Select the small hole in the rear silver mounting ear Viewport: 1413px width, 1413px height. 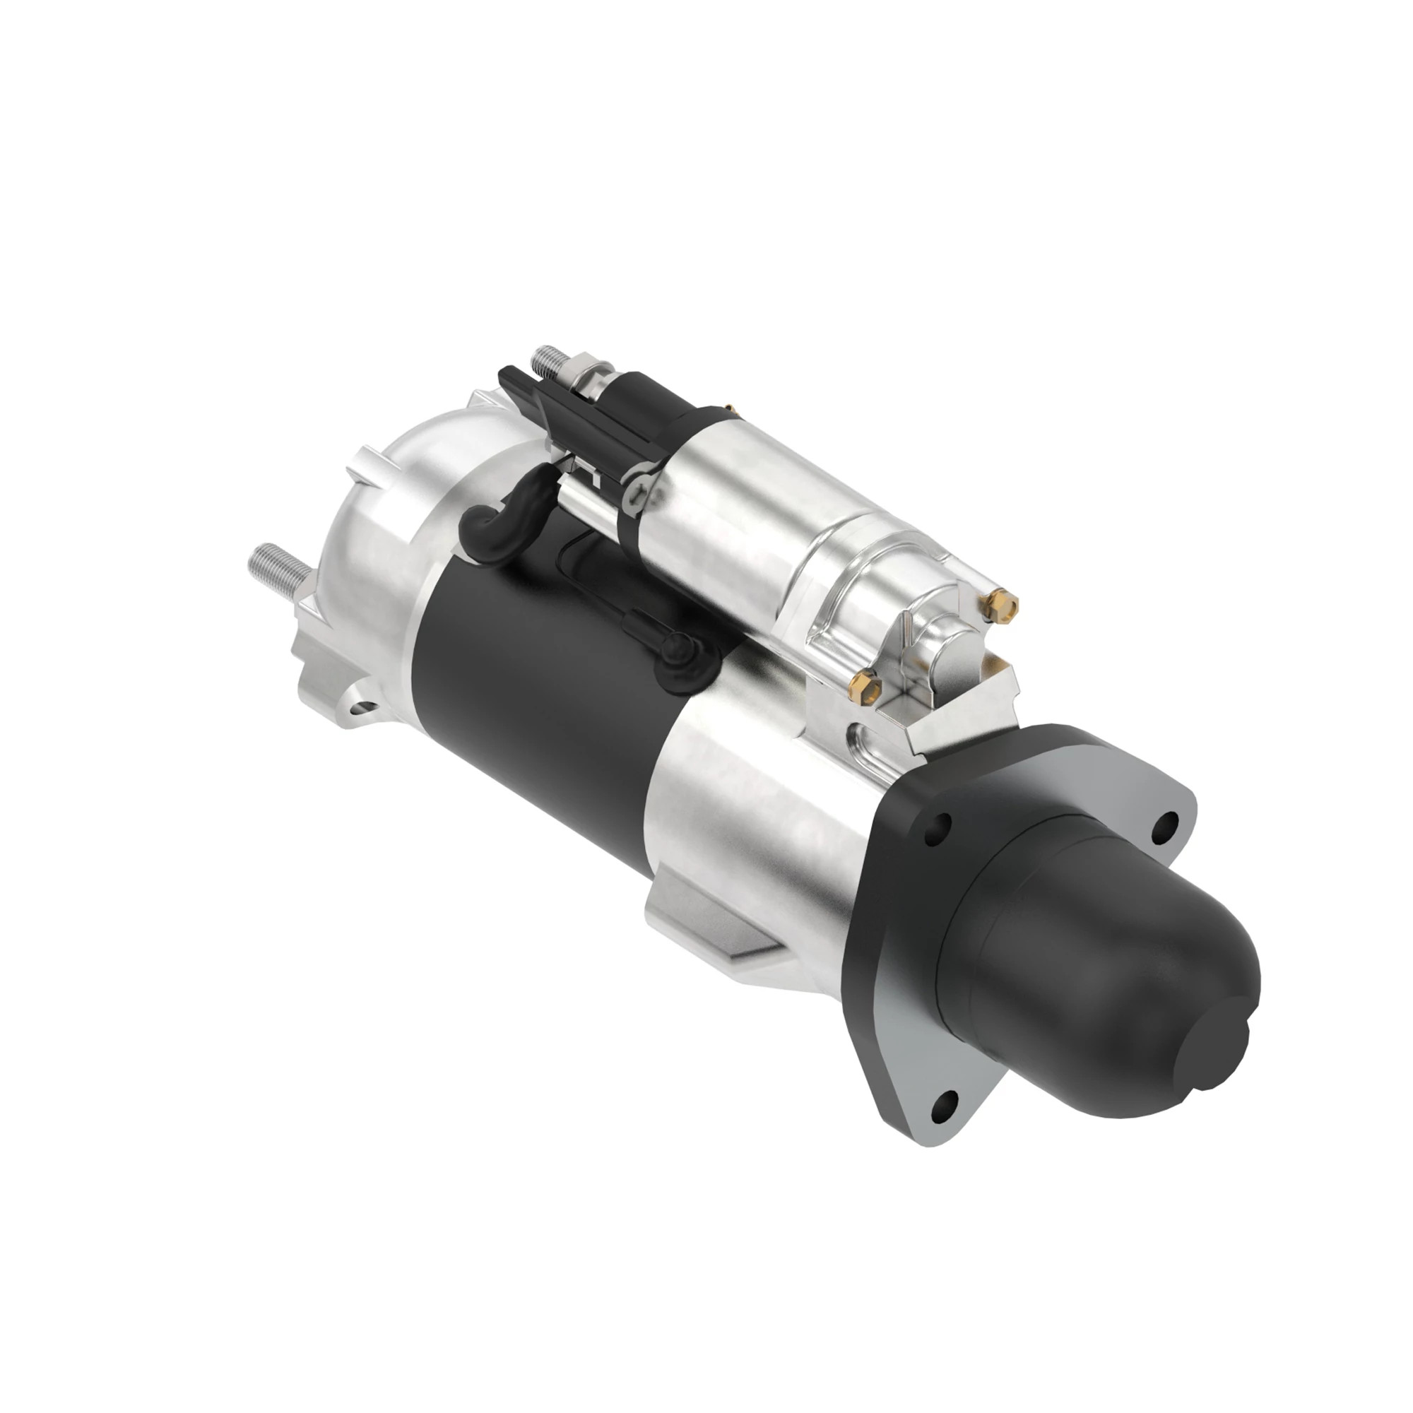point(361,708)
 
